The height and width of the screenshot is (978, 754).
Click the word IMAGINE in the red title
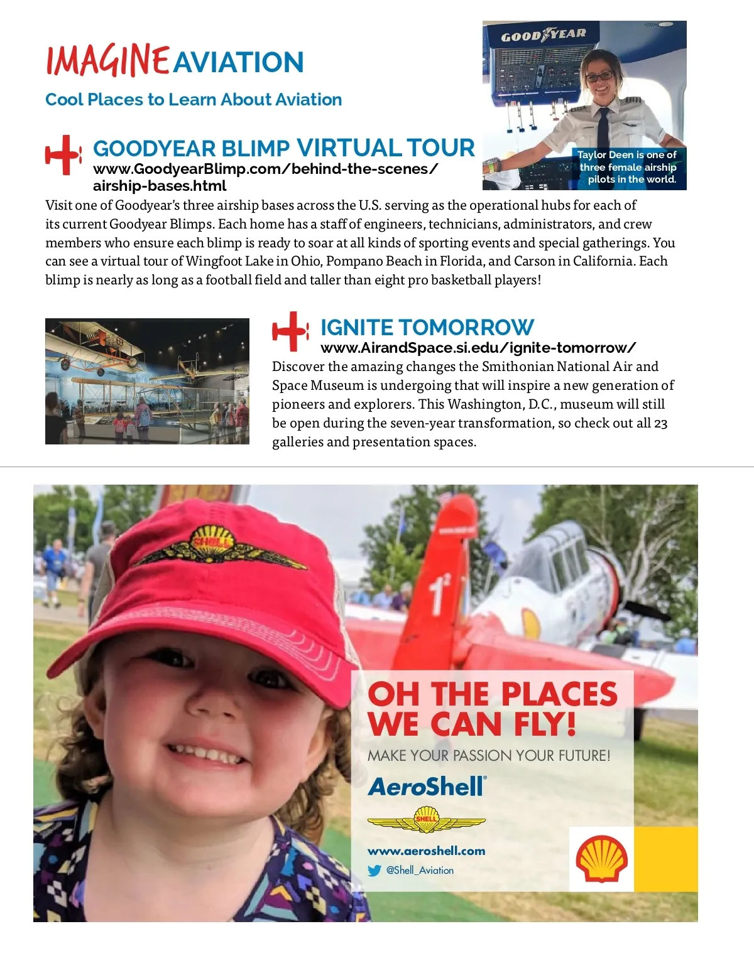(107, 61)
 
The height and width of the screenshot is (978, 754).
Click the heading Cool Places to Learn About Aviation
(194, 99)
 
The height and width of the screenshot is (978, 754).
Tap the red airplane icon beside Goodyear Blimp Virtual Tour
(63, 154)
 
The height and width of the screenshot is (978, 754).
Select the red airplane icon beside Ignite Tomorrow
(290, 331)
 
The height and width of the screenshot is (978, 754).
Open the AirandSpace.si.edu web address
(478, 348)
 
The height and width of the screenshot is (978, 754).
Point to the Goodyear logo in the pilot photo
(544, 35)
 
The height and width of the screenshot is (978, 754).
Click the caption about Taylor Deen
(628, 167)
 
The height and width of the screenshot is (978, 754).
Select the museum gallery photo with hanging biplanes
(147, 381)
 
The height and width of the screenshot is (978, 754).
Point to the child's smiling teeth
(205, 753)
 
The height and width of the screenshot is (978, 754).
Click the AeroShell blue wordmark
(427, 787)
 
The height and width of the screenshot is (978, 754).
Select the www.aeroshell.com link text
(426, 851)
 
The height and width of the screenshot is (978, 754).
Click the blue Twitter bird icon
(374, 871)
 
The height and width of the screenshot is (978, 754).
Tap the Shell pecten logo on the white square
(601, 858)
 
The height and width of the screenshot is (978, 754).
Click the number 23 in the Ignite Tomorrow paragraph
(660, 423)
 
